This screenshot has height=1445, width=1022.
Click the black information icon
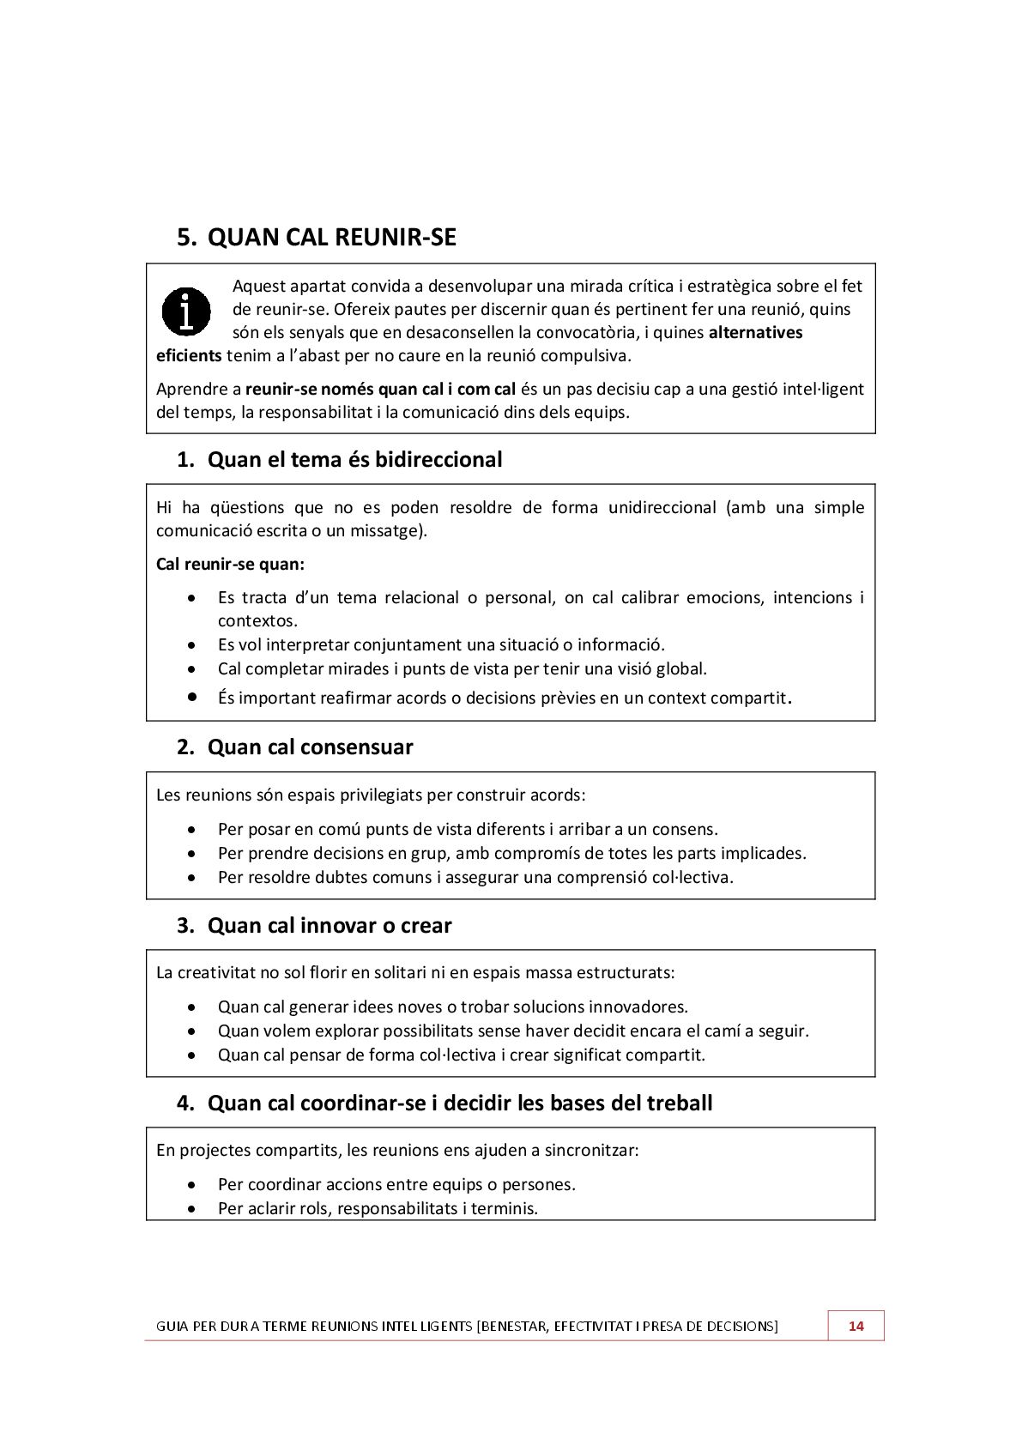(186, 311)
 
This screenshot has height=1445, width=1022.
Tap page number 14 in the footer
(856, 1326)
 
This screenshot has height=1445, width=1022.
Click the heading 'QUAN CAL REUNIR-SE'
(331, 237)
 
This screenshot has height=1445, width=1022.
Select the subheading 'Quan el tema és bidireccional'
(354, 460)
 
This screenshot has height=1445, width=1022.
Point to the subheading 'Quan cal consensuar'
(310, 747)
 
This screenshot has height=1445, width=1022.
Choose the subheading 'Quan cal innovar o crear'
(330, 926)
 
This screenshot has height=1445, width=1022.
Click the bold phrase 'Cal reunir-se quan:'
(230, 565)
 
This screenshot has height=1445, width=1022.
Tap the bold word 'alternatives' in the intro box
(755, 332)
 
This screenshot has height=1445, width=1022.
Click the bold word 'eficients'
(189, 355)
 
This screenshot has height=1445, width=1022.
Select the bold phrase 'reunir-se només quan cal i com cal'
(380, 389)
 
